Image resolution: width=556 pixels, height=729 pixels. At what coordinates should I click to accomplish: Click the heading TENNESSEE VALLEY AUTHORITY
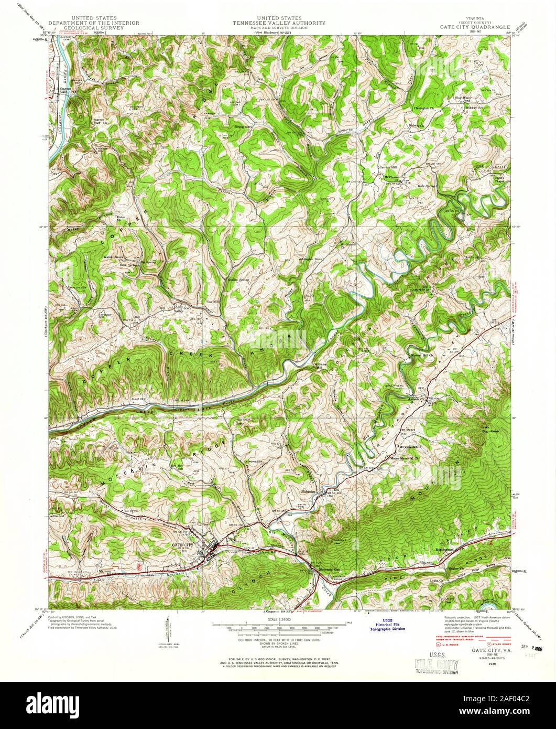pos(279,23)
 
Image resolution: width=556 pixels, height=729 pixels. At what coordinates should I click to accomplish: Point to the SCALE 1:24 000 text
pos(278,619)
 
